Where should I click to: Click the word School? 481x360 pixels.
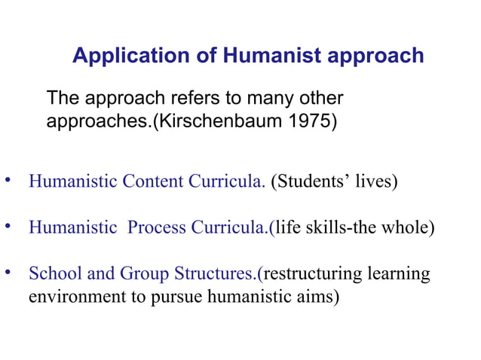[51, 273]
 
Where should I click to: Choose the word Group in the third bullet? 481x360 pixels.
[133, 273]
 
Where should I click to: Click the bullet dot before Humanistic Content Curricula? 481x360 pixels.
[8, 181]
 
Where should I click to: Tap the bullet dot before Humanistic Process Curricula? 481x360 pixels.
[8, 226]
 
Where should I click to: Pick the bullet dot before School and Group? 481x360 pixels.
[8, 272]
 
